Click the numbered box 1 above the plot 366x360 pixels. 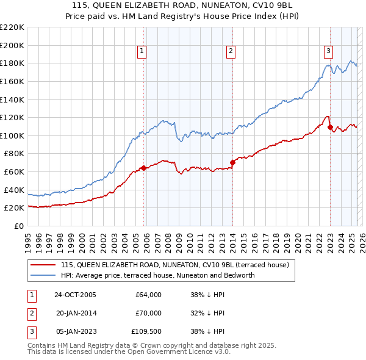pos(141,52)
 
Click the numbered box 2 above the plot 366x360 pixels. pos(231,52)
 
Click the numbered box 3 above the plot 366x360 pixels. pos(328,52)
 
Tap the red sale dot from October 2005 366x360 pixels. pos(143,168)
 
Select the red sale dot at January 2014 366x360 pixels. pos(232,162)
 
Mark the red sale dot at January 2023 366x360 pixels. pos(330,128)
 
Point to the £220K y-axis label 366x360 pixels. pos(12,27)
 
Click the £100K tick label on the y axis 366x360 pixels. pos(12,135)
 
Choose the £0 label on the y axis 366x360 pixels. pos(18,226)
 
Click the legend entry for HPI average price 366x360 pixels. pos(157,275)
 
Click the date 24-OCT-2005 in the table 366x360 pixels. pos(75,295)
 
